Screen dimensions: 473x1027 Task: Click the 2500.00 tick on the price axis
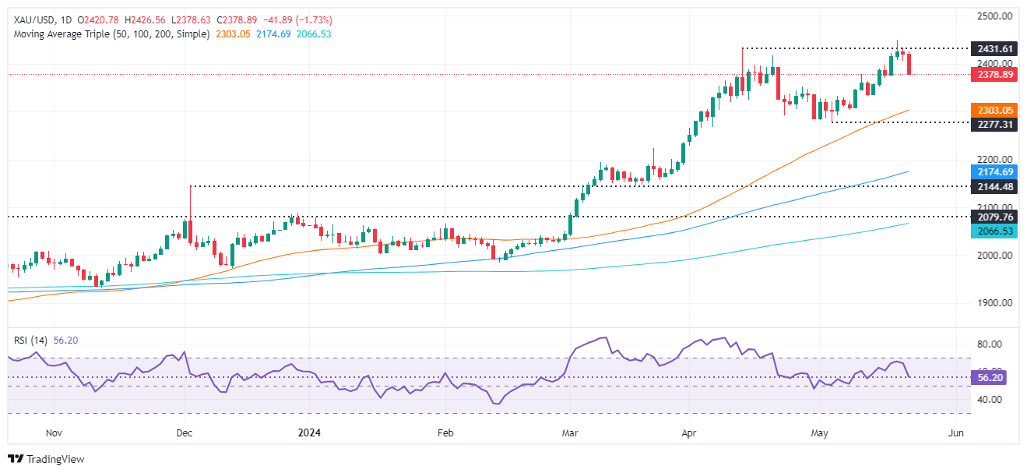coord(993,16)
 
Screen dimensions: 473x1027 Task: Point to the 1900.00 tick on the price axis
coord(993,303)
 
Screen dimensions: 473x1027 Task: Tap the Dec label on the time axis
coord(185,432)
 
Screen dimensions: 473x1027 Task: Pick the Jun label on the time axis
coord(957,432)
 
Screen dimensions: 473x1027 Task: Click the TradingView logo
coord(47,459)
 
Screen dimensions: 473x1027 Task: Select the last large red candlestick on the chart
coord(909,64)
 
